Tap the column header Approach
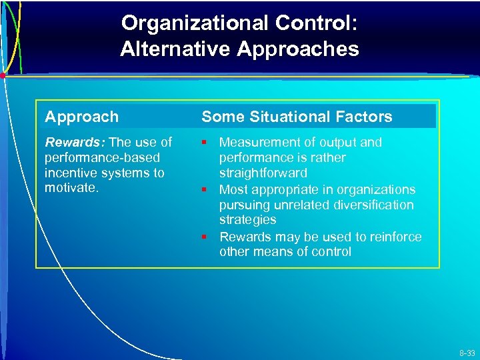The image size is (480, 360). click(x=81, y=117)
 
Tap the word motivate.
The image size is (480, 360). click(x=71, y=188)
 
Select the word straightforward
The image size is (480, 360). click(x=263, y=173)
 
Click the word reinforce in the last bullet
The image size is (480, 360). click(x=397, y=237)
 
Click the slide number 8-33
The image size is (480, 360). click(x=467, y=353)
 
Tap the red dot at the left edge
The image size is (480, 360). click(x=3, y=76)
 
